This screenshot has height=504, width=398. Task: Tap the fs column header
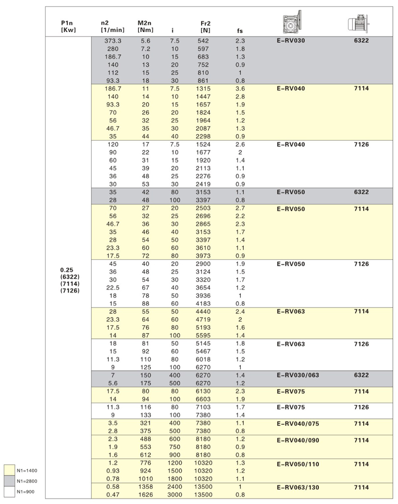click(x=240, y=31)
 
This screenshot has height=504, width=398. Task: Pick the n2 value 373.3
click(x=113, y=41)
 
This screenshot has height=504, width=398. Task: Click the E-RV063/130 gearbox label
click(x=298, y=488)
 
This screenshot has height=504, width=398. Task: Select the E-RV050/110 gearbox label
click(x=298, y=464)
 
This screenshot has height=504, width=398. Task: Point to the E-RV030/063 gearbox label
click(x=298, y=376)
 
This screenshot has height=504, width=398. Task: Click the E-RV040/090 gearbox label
click(x=298, y=440)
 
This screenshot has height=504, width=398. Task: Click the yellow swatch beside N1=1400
click(x=9, y=470)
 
